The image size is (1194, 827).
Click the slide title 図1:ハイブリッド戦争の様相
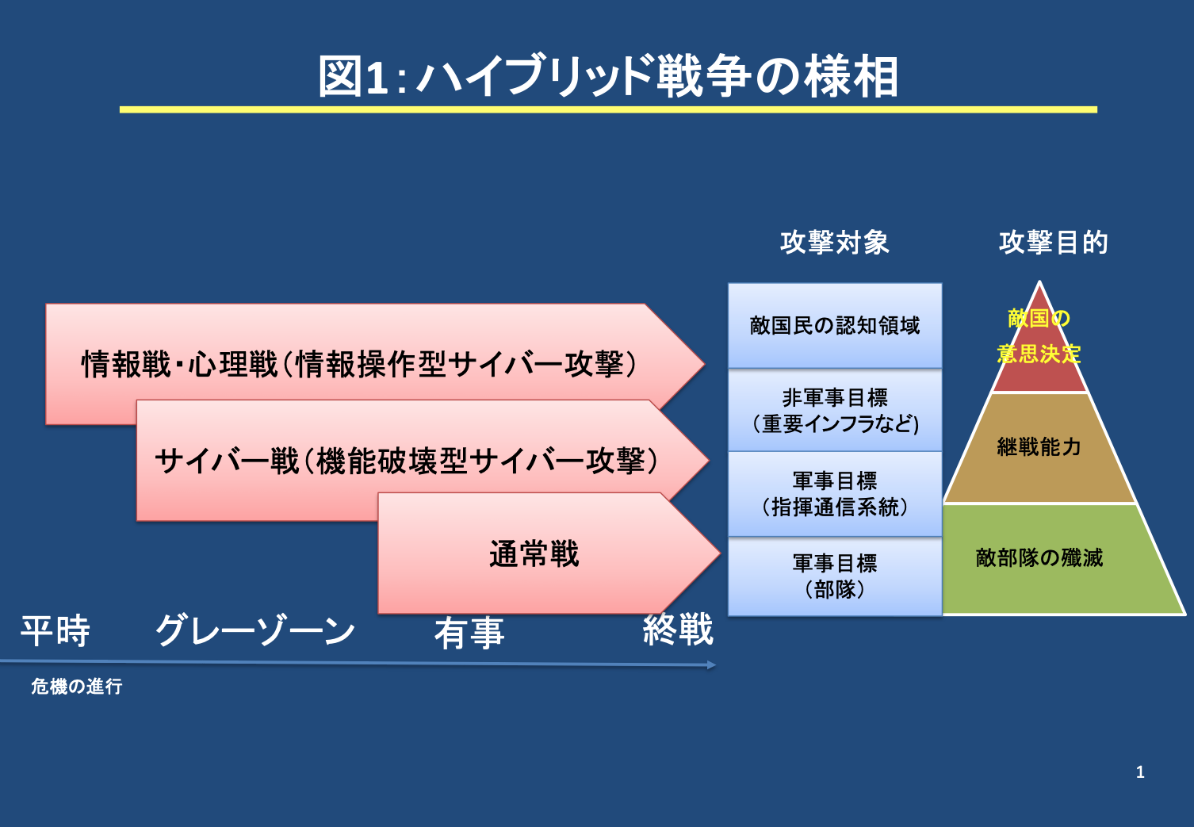coord(608,76)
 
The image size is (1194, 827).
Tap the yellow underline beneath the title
coord(608,109)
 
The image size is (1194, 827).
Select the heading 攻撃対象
coord(834,242)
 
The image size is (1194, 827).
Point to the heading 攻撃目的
coord(1053,242)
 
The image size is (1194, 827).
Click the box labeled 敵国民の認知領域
coord(835,325)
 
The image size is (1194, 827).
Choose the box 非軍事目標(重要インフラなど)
coord(835,410)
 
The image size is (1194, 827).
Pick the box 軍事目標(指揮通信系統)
coord(835,493)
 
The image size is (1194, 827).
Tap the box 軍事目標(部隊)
coord(835,576)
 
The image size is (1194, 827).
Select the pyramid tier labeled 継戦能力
coord(1039,447)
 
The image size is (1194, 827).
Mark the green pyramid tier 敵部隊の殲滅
coord(1039,558)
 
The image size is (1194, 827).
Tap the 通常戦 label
coord(534,553)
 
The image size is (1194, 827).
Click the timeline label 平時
coord(55,631)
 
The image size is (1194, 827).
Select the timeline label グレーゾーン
coord(255,631)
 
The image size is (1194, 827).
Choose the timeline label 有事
coord(469,633)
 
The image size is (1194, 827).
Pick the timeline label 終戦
coord(678,630)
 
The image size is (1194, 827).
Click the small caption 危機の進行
coord(77,687)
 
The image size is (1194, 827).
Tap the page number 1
coord(1140,772)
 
